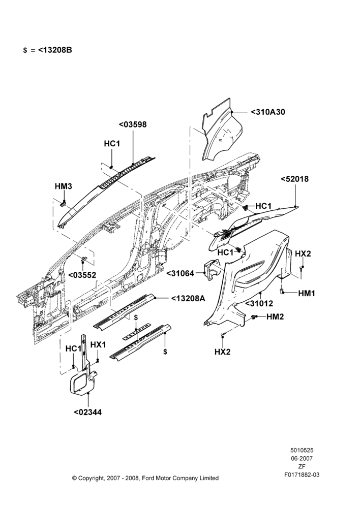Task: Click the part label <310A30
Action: coord(267,112)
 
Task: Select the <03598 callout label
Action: coord(133,124)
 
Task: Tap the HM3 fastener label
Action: coord(63,186)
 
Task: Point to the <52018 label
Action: coord(294,179)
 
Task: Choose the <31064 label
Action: coord(181,273)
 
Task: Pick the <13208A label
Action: coord(188,298)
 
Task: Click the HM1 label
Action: coord(307,293)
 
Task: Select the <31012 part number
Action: coord(259,304)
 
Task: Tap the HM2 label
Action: coord(275,316)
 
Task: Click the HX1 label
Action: coord(98,345)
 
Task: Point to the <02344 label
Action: coord(87,412)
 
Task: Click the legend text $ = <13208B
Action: coord(48,50)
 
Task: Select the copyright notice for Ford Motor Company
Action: coord(145,478)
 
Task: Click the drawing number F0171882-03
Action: coord(302,475)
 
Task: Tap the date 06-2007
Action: coord(302,458)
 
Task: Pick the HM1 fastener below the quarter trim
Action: coord(282,291)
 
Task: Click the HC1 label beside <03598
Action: coord(112,144)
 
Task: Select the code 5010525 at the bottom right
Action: coord(302,450)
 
